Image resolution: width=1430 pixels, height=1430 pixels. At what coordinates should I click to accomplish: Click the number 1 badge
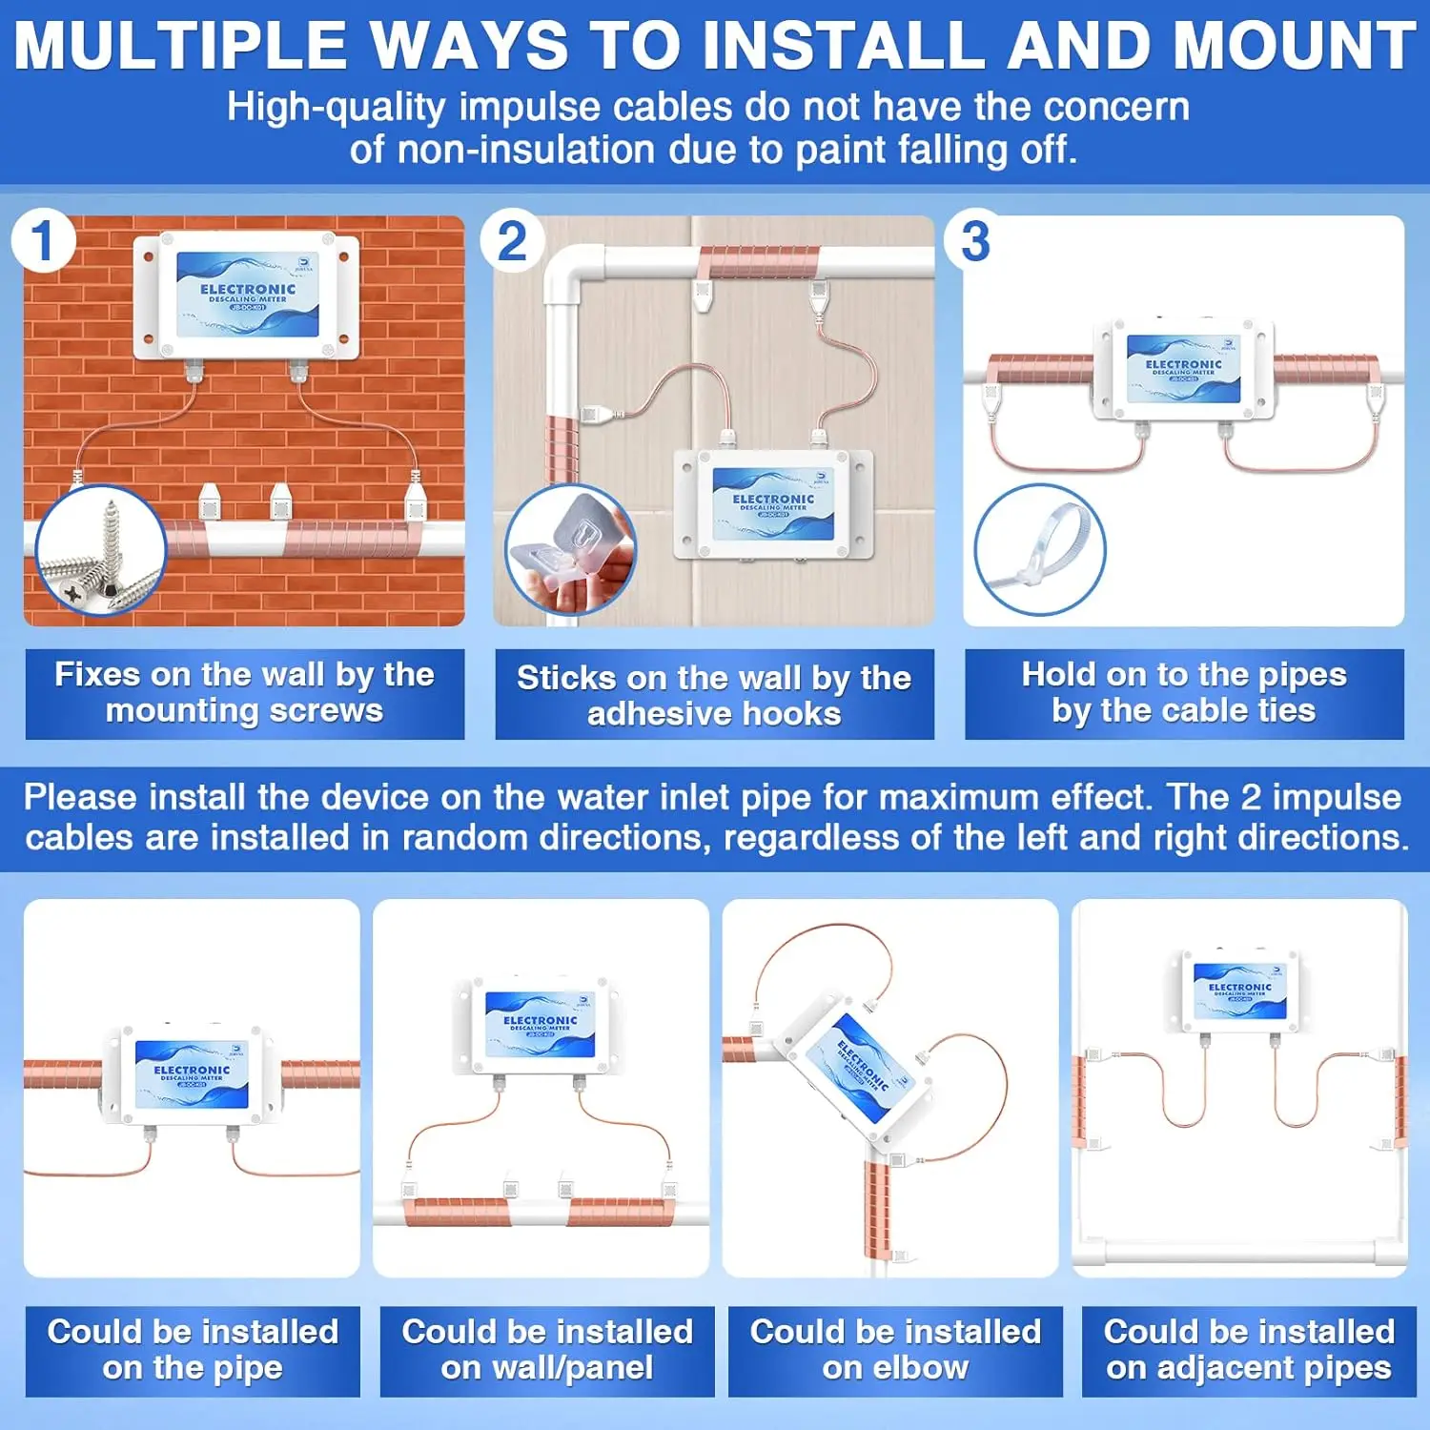pyautogui.click(x=43, y=241)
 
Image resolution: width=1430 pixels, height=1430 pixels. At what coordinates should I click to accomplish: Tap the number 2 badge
pyautogui.click(x=512, y=241)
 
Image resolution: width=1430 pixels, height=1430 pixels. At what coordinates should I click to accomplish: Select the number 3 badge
pyautogui.click(x=974, y=241)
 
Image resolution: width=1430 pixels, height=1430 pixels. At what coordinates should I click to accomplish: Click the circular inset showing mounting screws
pyautogui.click(x=100, y=550)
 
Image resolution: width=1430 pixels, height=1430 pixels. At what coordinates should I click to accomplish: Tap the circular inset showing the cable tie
pyautogui.click(x=1039, y=550)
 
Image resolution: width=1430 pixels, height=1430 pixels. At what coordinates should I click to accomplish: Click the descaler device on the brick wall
pyautogui.click(x=247, y=296)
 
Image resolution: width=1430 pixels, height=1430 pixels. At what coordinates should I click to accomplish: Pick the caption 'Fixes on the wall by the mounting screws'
pyautogui.click(x=244, y=693)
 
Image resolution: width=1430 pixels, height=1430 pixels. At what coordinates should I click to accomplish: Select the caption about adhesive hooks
pyautogui.click(x=714, y=695)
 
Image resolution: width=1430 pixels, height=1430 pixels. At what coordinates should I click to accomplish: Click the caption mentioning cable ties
pyautogui.click(x=1184, y=693)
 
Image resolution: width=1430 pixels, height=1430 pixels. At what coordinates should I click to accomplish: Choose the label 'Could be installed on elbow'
pyautogui.click(x=895, y=1350)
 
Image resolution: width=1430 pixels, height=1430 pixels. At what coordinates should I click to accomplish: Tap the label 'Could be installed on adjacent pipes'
pyautogui.click(x=1249, y=1350)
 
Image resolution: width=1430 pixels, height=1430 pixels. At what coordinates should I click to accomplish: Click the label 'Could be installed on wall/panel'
pyautogui.click(x=547, y=1350)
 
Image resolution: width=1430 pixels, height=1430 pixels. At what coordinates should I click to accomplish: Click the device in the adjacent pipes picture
pyautogui.click(x=1239, y=992)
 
